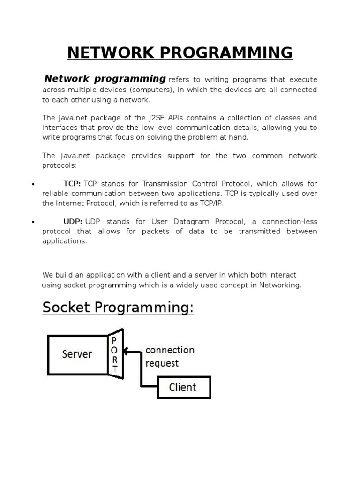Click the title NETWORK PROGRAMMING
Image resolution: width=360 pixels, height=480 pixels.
click(180, 52)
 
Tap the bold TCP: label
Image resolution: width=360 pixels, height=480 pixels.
click(72, 184)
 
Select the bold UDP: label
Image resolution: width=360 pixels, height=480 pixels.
click(73, 221)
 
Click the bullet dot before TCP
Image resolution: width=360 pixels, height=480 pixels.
click(33, 185)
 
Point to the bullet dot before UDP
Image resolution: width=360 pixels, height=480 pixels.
click(33, 222)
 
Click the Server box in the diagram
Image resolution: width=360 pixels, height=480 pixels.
click(77, 354)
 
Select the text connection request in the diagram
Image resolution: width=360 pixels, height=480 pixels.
click(170, 356)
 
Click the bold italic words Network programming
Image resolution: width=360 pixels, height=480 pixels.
click(105, 78)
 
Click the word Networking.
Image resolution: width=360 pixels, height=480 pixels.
click(279, 285)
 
